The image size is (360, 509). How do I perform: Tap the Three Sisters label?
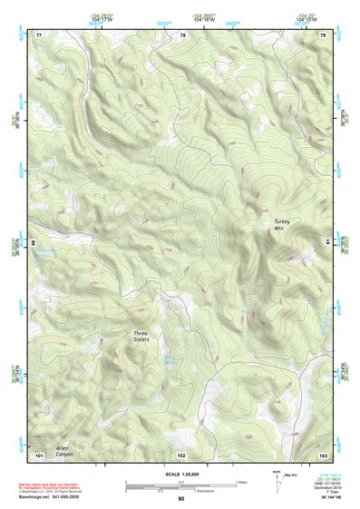pyautogui.click(x=141, y=337)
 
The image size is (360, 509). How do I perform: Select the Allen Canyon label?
pyautogui.click(x=63, y=451)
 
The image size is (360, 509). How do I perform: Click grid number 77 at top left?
pyautogui.click(x=39, y=34)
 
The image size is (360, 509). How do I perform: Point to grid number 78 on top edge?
pyautogui.click(x=182, y=34)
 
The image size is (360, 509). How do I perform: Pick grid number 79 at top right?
pyautogui.click(x=324, y=34)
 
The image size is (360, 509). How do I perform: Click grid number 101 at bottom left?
pyautogui.click(x=39, y=454)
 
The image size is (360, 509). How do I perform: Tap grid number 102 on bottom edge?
pyautogui.click(x=181, y=454)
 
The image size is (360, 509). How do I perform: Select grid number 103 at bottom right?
pyautogui.click(x=324, y=454)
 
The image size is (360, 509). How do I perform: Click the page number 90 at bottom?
pyautogui.click(x=181, y=499)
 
